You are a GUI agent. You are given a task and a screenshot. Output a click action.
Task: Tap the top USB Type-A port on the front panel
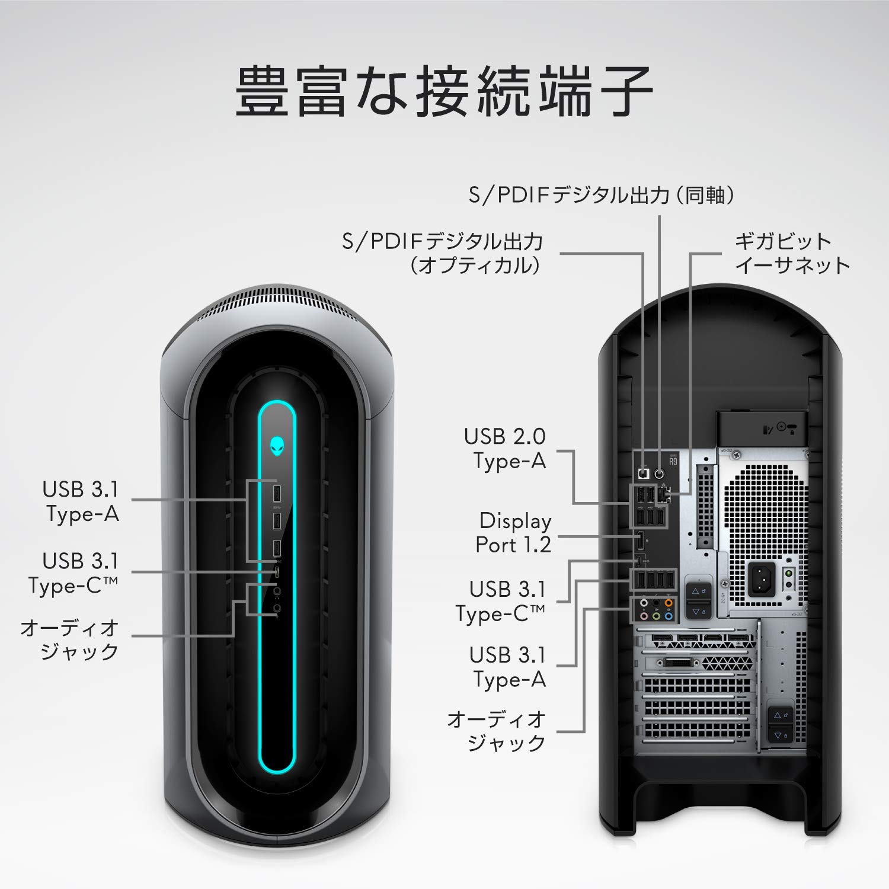pyautogui.click(x=277, y=493)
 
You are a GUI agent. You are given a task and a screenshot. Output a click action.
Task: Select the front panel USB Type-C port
pyautogui.click(x=277, y=571)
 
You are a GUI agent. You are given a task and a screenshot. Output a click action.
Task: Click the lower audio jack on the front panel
pyautogui.click(x=277, y=607)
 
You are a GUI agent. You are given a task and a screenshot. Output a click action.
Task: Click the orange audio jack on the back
pyautogui.click(x=669, y=604)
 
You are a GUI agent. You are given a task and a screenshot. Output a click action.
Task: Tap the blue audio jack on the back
pyautogui.click(x=669, y=616)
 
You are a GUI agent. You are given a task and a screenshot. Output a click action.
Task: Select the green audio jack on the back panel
pyautogui.click(x=656, y=616)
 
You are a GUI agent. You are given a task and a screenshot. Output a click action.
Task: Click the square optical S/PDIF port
pyautogui.click(x=644, y=474)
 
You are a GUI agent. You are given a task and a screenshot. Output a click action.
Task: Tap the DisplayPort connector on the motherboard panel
pyautogui.click(x=641, y=541)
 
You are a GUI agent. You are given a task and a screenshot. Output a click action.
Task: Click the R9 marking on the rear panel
pyautogui.click(x=673, y=461)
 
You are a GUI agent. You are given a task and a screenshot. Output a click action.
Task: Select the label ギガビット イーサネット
pyautogui.click(x=792, y=253)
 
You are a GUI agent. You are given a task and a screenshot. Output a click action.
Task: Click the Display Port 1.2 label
pyautogui.click(x=513, y=532)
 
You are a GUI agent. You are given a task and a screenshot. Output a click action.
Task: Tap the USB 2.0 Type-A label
pyautogui.click(x=505, y=448)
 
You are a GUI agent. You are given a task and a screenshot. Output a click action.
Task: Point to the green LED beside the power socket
pyautogui.click(x=788, y=574)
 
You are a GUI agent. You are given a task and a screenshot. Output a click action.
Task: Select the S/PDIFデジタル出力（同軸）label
pyautogui.click(x=602, y=195)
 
